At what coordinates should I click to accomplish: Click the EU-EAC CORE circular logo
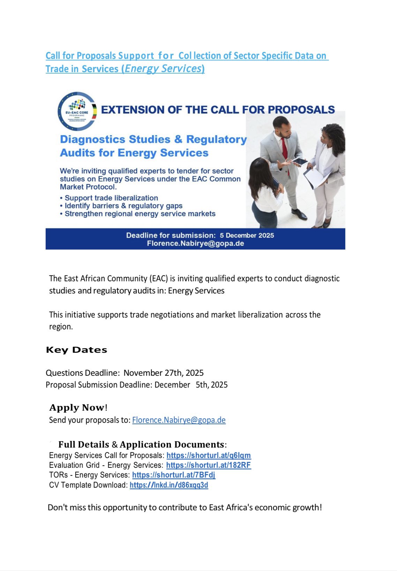pyautogui.click(x=77, y=111)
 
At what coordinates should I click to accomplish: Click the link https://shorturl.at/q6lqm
pyautogui.click(x=208, y=455)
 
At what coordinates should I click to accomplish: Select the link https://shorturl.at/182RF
pyautogui.click(x=208, y=465)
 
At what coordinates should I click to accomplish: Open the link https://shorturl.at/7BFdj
pyautogui.click(x=173, y=475)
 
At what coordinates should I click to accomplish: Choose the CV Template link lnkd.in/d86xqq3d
pyautogui.click(x=169, y=485)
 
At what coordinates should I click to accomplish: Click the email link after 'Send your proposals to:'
pyautogui.click(x=179, y=420)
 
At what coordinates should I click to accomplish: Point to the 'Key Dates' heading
pyautogui.click(x=76, y=350)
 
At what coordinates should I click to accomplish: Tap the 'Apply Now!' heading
pyautogui.click(x=78, y=408)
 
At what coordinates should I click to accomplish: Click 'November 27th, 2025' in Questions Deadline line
pyautogui.click(x=163, y=373)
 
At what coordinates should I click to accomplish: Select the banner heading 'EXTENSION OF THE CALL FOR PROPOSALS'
pyautogui.click(x=218, y=110)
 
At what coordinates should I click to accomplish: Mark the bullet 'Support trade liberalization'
pyautogui.click(x=111, y=198)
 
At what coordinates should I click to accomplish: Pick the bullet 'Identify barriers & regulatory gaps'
pyautogui.click(x=123, y=206)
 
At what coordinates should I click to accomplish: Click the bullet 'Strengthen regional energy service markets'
pyautogui.click(x=140, y=214)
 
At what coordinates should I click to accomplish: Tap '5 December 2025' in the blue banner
pyautogui.click(x=247, y=235)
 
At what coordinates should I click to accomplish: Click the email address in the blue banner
pyautogui.click(x=195, y=243)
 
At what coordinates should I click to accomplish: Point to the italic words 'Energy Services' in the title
pyautogui.click(x=162, y=69)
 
